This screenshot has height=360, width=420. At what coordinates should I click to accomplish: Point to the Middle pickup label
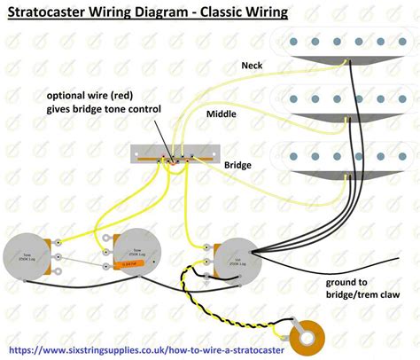[x=222, y=114]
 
